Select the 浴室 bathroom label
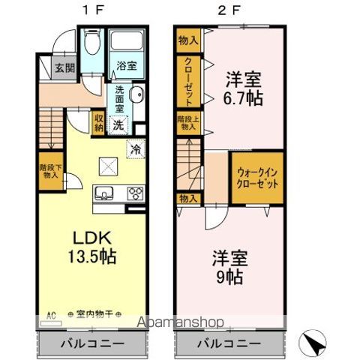coord(126,67)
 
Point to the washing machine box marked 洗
coord(120,126)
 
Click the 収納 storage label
coord(98,122)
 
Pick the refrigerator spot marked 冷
coord(135,148)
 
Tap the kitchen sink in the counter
coord(103,193)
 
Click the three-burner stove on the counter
coord(135,193)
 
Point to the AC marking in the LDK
coord(51,315)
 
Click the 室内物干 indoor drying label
coord(94,315)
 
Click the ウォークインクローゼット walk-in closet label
coord(256,178)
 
